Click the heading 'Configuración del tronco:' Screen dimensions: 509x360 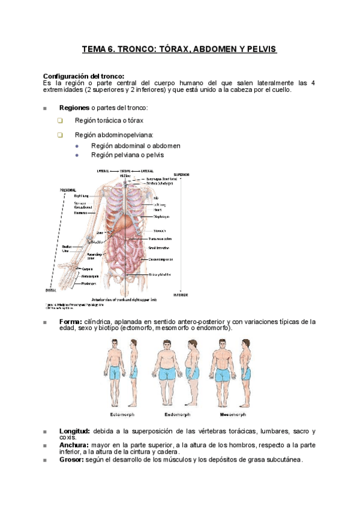tap(84, 76)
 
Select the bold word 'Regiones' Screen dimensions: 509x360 tap(74, 107)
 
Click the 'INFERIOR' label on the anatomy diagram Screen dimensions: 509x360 tap(180, 295)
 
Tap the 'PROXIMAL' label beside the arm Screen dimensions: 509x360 tap(68, 190)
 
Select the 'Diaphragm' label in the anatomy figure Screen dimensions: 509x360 tap(161, 217)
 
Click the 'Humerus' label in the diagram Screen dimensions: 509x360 tap(81, 212)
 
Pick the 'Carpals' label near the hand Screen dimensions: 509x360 tap(87, 268)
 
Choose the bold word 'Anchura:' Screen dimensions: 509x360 tap(74, 445)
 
